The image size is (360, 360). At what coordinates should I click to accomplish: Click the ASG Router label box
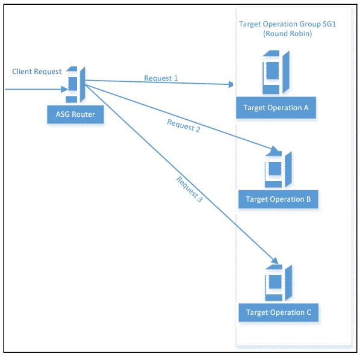(75, 114)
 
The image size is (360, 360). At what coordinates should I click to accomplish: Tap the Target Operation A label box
(276, 108)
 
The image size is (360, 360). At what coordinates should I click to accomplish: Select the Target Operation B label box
(278, 199)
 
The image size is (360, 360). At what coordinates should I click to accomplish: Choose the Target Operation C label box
(279, 312)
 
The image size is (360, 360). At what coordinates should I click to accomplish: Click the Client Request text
(37, 72)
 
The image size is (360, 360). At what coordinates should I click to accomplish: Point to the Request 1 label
(161, 78)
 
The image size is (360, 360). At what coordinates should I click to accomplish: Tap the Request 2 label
(184, 126)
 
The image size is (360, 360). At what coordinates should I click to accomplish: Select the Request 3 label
(190, 189)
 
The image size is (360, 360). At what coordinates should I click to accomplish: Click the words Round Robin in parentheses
(287, 34)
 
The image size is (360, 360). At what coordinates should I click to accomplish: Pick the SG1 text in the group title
(329, 24)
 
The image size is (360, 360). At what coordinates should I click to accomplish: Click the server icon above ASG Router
(76, 84)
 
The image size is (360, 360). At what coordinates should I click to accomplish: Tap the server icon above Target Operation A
(276, 72)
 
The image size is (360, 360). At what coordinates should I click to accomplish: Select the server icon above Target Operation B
(278, 170)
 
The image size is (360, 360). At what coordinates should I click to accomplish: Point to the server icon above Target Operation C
(279, 283)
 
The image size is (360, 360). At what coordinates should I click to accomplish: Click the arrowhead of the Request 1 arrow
(231, 84)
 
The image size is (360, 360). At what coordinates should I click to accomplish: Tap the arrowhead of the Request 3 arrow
(275, 261)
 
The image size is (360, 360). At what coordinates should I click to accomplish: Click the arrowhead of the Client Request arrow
(64, 89)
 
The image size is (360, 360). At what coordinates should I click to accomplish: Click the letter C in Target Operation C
(309, 312)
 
